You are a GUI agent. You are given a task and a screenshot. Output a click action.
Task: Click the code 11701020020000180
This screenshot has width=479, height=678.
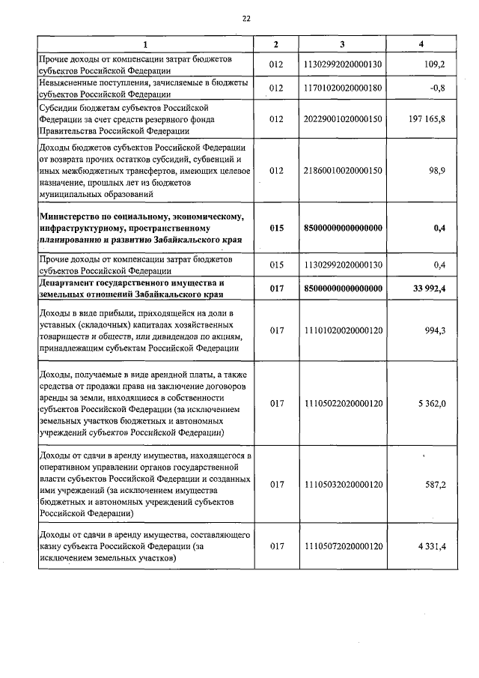coord(344,88)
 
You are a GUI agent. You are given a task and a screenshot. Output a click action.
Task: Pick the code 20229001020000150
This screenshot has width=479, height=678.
coord(344,118)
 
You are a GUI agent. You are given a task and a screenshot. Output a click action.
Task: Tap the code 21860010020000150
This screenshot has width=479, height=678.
coord(344,171)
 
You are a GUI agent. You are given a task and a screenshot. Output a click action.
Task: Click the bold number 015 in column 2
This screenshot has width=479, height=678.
coord(277,228)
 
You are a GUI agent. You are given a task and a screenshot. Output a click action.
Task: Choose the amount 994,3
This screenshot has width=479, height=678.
coord(434,330)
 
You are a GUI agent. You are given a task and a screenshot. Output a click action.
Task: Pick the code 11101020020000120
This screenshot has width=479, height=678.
coord(344,330)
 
